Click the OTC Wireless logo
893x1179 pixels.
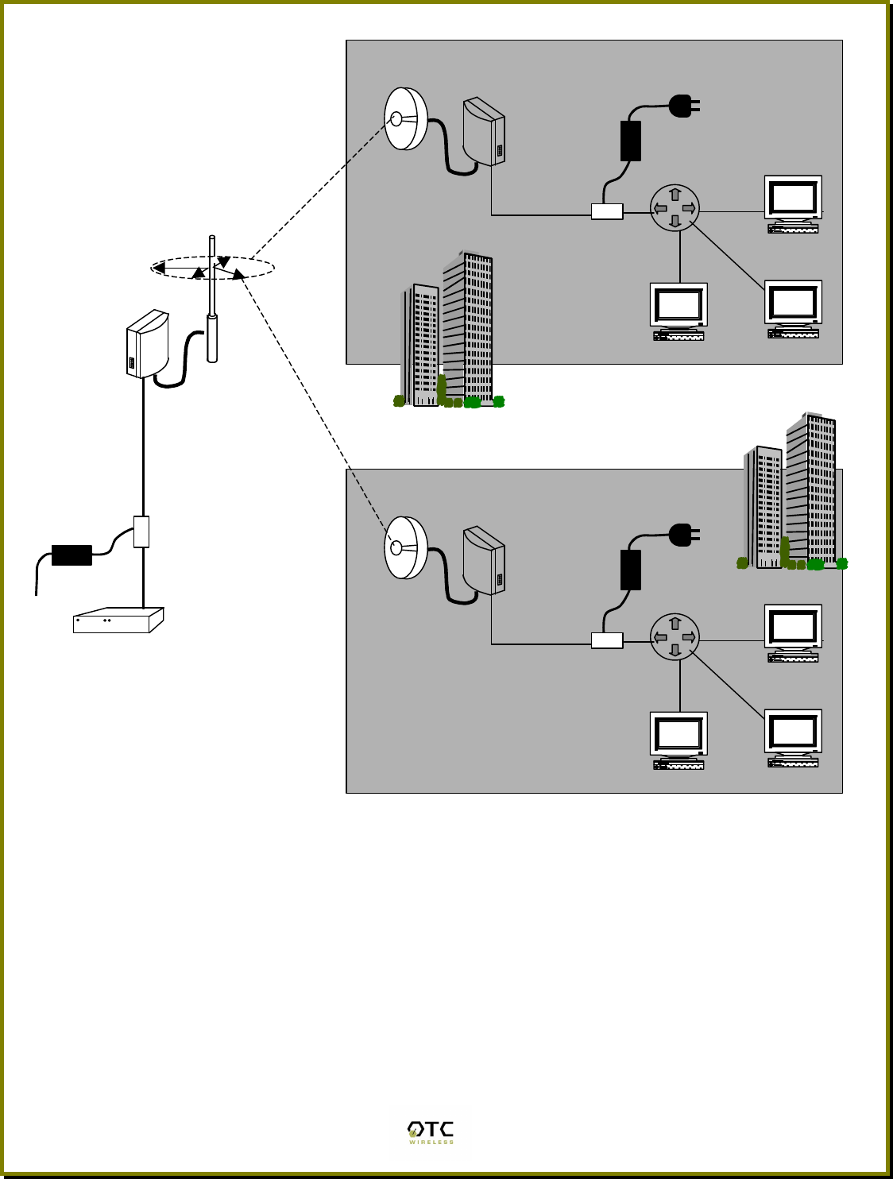(x=430, y=1132)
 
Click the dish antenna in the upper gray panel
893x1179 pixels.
(x=405, y=119)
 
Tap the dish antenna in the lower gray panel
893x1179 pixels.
(x=405, y=548)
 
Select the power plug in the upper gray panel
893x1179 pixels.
(x=682, y=106)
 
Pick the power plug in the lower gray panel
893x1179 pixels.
(x=682, y=535)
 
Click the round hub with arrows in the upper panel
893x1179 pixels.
(x=675, y=208)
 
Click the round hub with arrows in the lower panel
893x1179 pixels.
(x=675, y=637)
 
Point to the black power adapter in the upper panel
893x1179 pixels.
(x=630, y=141)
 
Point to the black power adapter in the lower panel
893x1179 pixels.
(x=630, y=570)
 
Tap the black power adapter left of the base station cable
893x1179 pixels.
(x=72, y=555)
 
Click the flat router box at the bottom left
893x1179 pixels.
(x=118, y=620)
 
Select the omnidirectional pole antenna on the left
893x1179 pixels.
(x=212, y=302)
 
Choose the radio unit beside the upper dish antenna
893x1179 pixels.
(x=484, y=131)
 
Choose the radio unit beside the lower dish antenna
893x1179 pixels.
(x=484, y=560)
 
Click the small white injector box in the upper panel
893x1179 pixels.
(x=607, y=211)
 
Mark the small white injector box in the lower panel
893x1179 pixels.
(x=607, y=640)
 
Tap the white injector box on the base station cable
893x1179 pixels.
(x=141, y=532)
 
